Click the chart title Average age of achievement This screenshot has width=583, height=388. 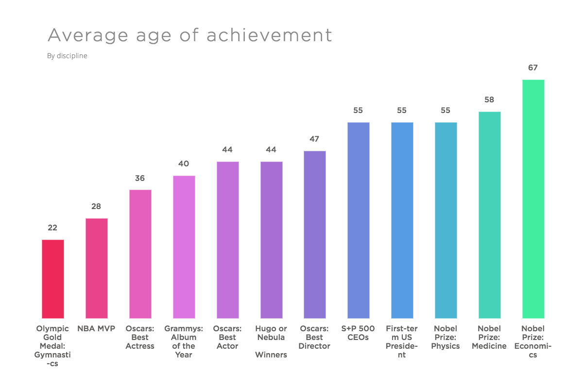190,35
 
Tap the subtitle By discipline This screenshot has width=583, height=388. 67,56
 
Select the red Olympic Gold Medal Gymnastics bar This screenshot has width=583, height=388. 53,279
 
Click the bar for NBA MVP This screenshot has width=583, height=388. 97,268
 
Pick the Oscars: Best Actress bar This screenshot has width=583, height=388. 140,254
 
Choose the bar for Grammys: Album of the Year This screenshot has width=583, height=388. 184,247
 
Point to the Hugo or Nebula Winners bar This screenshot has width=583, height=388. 271,240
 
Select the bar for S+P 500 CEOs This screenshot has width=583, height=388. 359,220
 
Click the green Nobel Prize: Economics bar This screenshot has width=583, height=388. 533,199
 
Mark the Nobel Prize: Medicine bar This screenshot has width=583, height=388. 490,215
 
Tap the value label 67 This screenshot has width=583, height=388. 533,68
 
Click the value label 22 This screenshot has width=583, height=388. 53,227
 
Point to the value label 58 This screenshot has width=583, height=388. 490,100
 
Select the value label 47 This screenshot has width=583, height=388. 315,139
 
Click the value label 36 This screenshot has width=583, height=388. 140,178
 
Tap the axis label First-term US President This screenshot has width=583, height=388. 402,341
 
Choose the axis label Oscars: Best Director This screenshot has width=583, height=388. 315,337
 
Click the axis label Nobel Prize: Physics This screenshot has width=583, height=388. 446,337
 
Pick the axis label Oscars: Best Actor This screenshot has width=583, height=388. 227,337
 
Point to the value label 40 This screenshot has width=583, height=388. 184,164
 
